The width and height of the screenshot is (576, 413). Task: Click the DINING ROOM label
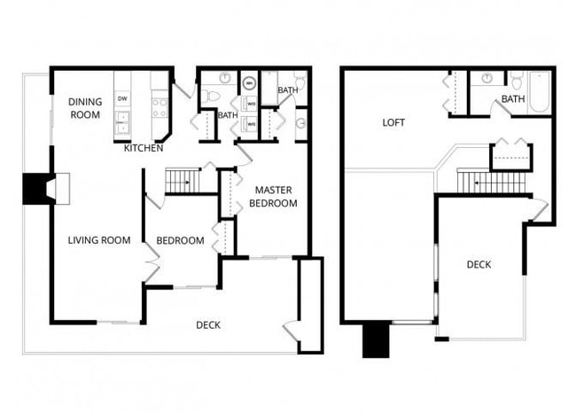tap(85, 108)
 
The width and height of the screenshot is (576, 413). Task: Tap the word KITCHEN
tap(143, 148)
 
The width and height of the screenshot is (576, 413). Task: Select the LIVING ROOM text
tap(99, 240)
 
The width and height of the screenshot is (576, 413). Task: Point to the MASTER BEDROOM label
tap(275, 197)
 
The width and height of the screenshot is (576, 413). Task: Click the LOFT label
tap(393, 123)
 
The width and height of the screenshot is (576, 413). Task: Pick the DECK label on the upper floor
tap(479, 265)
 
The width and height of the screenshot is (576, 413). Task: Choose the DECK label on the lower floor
tap(207, 325)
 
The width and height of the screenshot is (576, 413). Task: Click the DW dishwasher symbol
tap(122, 98)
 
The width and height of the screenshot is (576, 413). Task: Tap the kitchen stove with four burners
tap(160, 107)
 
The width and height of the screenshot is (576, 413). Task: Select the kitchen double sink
tap(122, 123)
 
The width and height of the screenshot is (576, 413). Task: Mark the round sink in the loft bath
tap(487, 79)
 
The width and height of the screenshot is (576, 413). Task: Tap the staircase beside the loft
tap(492, 183)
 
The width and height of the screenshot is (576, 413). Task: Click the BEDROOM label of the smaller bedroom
tap(180, 241)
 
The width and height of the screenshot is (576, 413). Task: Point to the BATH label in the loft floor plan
tap(512, 99)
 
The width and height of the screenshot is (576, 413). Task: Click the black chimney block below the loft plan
tap(376, 339)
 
